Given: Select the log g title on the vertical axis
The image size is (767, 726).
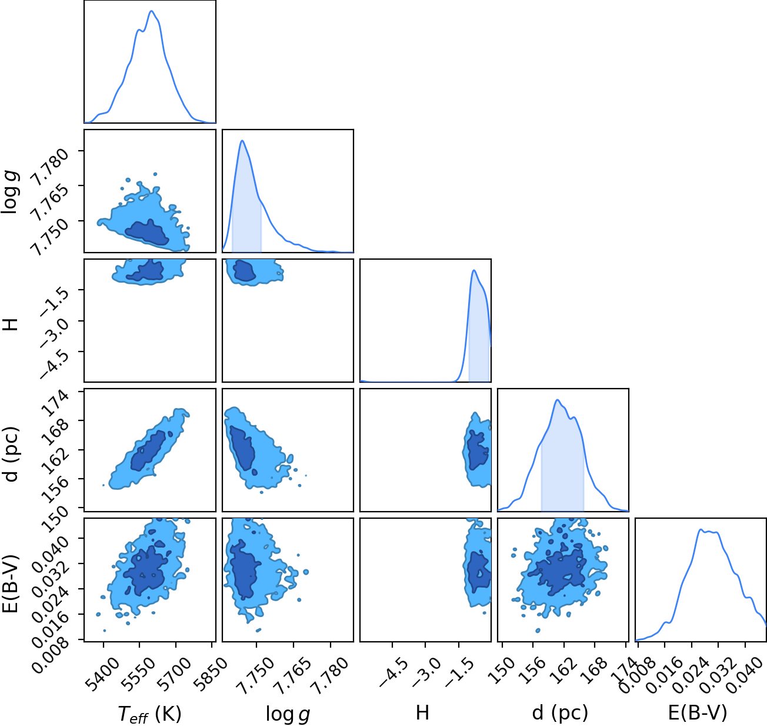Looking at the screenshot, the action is point(10,192).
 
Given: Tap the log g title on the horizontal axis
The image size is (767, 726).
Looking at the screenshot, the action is point(288,714).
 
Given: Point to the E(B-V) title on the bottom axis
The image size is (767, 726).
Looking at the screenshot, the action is point(698,712).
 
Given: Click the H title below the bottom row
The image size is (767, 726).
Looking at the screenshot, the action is point(422,712).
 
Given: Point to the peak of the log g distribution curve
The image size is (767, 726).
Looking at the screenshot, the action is point(242,141).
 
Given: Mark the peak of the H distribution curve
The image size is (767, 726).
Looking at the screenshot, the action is point(473,270).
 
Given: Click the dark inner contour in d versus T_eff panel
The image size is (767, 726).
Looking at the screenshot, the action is point(148,450).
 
